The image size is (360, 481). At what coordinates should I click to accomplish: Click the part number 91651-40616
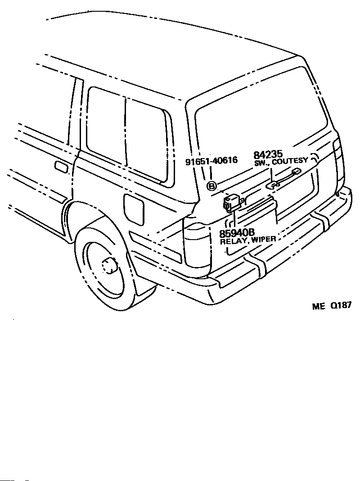click(x=211, y=161)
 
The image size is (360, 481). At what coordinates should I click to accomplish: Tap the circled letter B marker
click(x=211, y=186)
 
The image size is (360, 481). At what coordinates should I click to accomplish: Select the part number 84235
click(x=268, y=154)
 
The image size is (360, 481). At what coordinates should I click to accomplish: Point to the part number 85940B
click(x=237, y=233)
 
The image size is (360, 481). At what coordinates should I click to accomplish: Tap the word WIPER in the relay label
click(x=264, y=240)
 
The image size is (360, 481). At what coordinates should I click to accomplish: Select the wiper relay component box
click(x=233, y=203)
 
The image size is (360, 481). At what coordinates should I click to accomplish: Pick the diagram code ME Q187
click(x=332, y=305)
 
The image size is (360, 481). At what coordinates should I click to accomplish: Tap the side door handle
click(x=61, y=167)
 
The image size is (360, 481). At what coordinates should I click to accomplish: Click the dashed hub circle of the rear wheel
click(x=108, y=266)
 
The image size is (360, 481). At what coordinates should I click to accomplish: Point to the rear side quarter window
click(x=128, y=135)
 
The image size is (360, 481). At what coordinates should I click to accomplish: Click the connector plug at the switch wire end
click(x=297, y=171)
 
